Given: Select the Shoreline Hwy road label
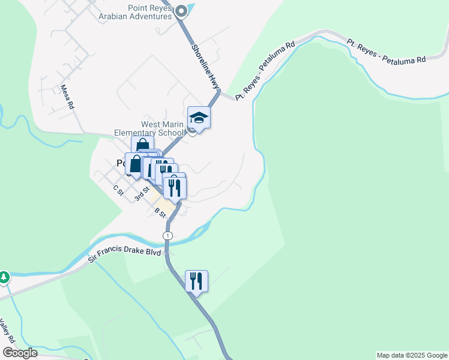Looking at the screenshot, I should pyautogui.click(x=204, y=65).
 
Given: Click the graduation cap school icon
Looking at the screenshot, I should pyautogui.click(x=199, y=118).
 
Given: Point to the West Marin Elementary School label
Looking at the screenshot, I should pyautogui.click(x=162, y=128).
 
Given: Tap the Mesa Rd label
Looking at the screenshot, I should pyautogui.click(x=67, y=97).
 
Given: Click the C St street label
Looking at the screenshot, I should pyautogui.click(x=118, y=190).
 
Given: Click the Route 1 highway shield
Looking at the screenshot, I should pyautogui.click(x=167, y=235).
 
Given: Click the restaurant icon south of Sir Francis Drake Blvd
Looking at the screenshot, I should pyautogui.click(x=196, y=280).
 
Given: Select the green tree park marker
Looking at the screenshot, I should pyautogui.click(x=4, y=277).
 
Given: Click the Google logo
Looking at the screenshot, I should pyautogui.click(x=20, y=353).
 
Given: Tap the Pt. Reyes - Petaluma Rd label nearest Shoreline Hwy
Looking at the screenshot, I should pyautogui.click(x=265, y=70).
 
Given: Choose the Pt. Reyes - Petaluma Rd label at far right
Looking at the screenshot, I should pyautogui.click(x=386, y=51).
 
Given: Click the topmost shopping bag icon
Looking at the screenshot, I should pyautogui.click(x=142, y=146).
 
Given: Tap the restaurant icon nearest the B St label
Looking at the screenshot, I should pyautogui.click(x=175, y=187).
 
